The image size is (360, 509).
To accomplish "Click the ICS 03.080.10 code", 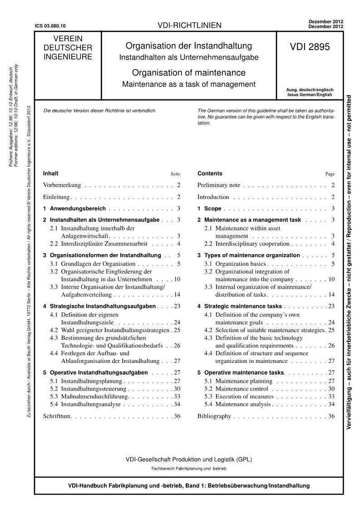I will coord(53,26).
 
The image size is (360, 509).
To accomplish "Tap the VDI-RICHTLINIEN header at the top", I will coord(189,25).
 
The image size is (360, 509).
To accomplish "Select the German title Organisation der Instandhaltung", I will coord(188,46).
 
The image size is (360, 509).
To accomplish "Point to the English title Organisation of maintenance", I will coord(188,73).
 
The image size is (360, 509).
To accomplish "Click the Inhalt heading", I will coord(50,173).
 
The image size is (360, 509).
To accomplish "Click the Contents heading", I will coord(210,173).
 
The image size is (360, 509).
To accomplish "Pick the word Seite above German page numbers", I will coord(175,174).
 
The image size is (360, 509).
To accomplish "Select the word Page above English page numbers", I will coord(330,174).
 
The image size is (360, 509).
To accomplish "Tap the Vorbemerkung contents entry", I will coord(62,185).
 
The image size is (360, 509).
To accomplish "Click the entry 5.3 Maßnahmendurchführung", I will coord(87,396).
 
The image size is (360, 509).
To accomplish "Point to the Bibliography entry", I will coord(214,416).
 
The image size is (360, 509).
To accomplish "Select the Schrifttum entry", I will coord(58,416).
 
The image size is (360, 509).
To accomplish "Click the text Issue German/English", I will coord(309,95).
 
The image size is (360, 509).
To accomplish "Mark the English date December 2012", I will coord(325,27).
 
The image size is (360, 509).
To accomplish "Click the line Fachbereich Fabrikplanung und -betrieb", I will coord(188,468).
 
